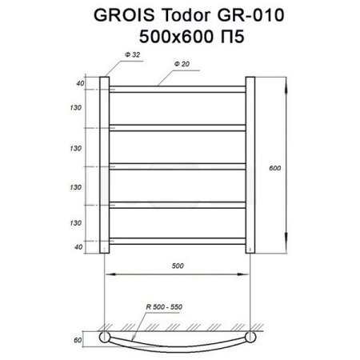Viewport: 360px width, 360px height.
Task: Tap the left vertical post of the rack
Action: [x=104, y=164]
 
